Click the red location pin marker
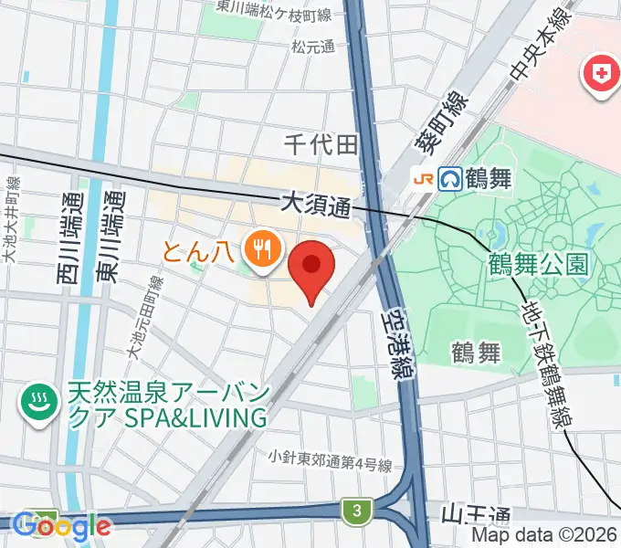pyautogui.click(x=311, y=267)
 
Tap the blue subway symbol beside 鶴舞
pyautogui.click(x=451, y=176)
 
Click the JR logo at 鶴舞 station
pyautogui.click(x=426, y=177)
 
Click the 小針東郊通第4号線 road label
pyautogui.click(x=331, y=458)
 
